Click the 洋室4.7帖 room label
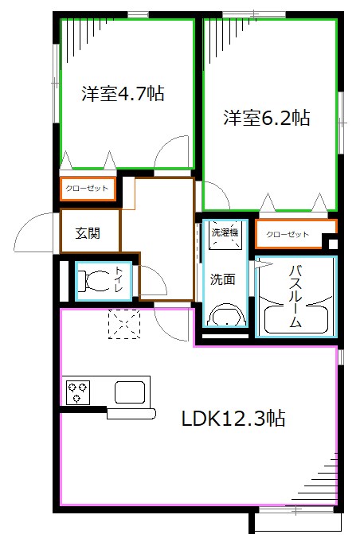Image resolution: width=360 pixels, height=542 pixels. [123, 95]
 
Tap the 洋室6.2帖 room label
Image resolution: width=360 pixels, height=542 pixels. [266, 119]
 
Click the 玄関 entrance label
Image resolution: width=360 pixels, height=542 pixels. [88, 233]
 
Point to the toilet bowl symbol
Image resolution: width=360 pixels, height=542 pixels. [98, 280]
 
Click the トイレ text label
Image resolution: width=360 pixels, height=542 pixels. [119, 281]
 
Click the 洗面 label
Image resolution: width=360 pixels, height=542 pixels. [222, 279]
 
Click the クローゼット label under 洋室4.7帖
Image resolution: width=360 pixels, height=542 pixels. [88, 189]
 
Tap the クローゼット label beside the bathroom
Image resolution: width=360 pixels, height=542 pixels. [286, 234]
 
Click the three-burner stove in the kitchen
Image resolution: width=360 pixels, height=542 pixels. [79, 391]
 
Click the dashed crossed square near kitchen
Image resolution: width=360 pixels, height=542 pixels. [123, 325]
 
